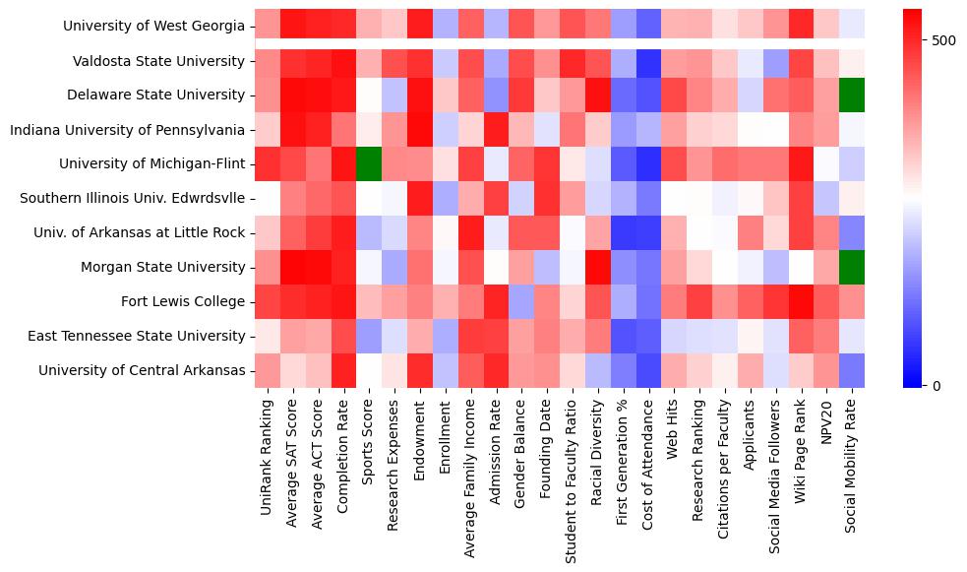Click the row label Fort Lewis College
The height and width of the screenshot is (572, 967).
pyautogui.click(x=183, y=301)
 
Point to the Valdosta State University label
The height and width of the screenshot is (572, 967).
pyautogui.click(x=158, y=61)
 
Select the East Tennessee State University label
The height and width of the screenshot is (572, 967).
pyautogui.click(x=143, y=336)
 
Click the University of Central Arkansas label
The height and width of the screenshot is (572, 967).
pyautogui.click(x=142, y=370)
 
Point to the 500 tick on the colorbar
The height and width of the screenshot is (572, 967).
pyautogui.click(x=942, y=40)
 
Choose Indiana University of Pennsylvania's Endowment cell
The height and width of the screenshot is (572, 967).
pyautogui.click(x=420, y=129)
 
